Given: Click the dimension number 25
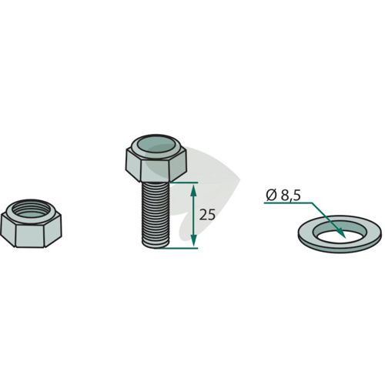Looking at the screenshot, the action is click(207, 215).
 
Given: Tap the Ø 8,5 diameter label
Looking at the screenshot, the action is click(283, 196).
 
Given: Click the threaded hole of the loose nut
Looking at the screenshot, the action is click(30, 209).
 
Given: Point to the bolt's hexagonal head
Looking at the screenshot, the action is click(156, 158).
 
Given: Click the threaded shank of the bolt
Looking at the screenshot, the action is click(156, 215).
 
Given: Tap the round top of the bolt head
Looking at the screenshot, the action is click(156, 144).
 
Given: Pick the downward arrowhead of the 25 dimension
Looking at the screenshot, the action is click(194, 241).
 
